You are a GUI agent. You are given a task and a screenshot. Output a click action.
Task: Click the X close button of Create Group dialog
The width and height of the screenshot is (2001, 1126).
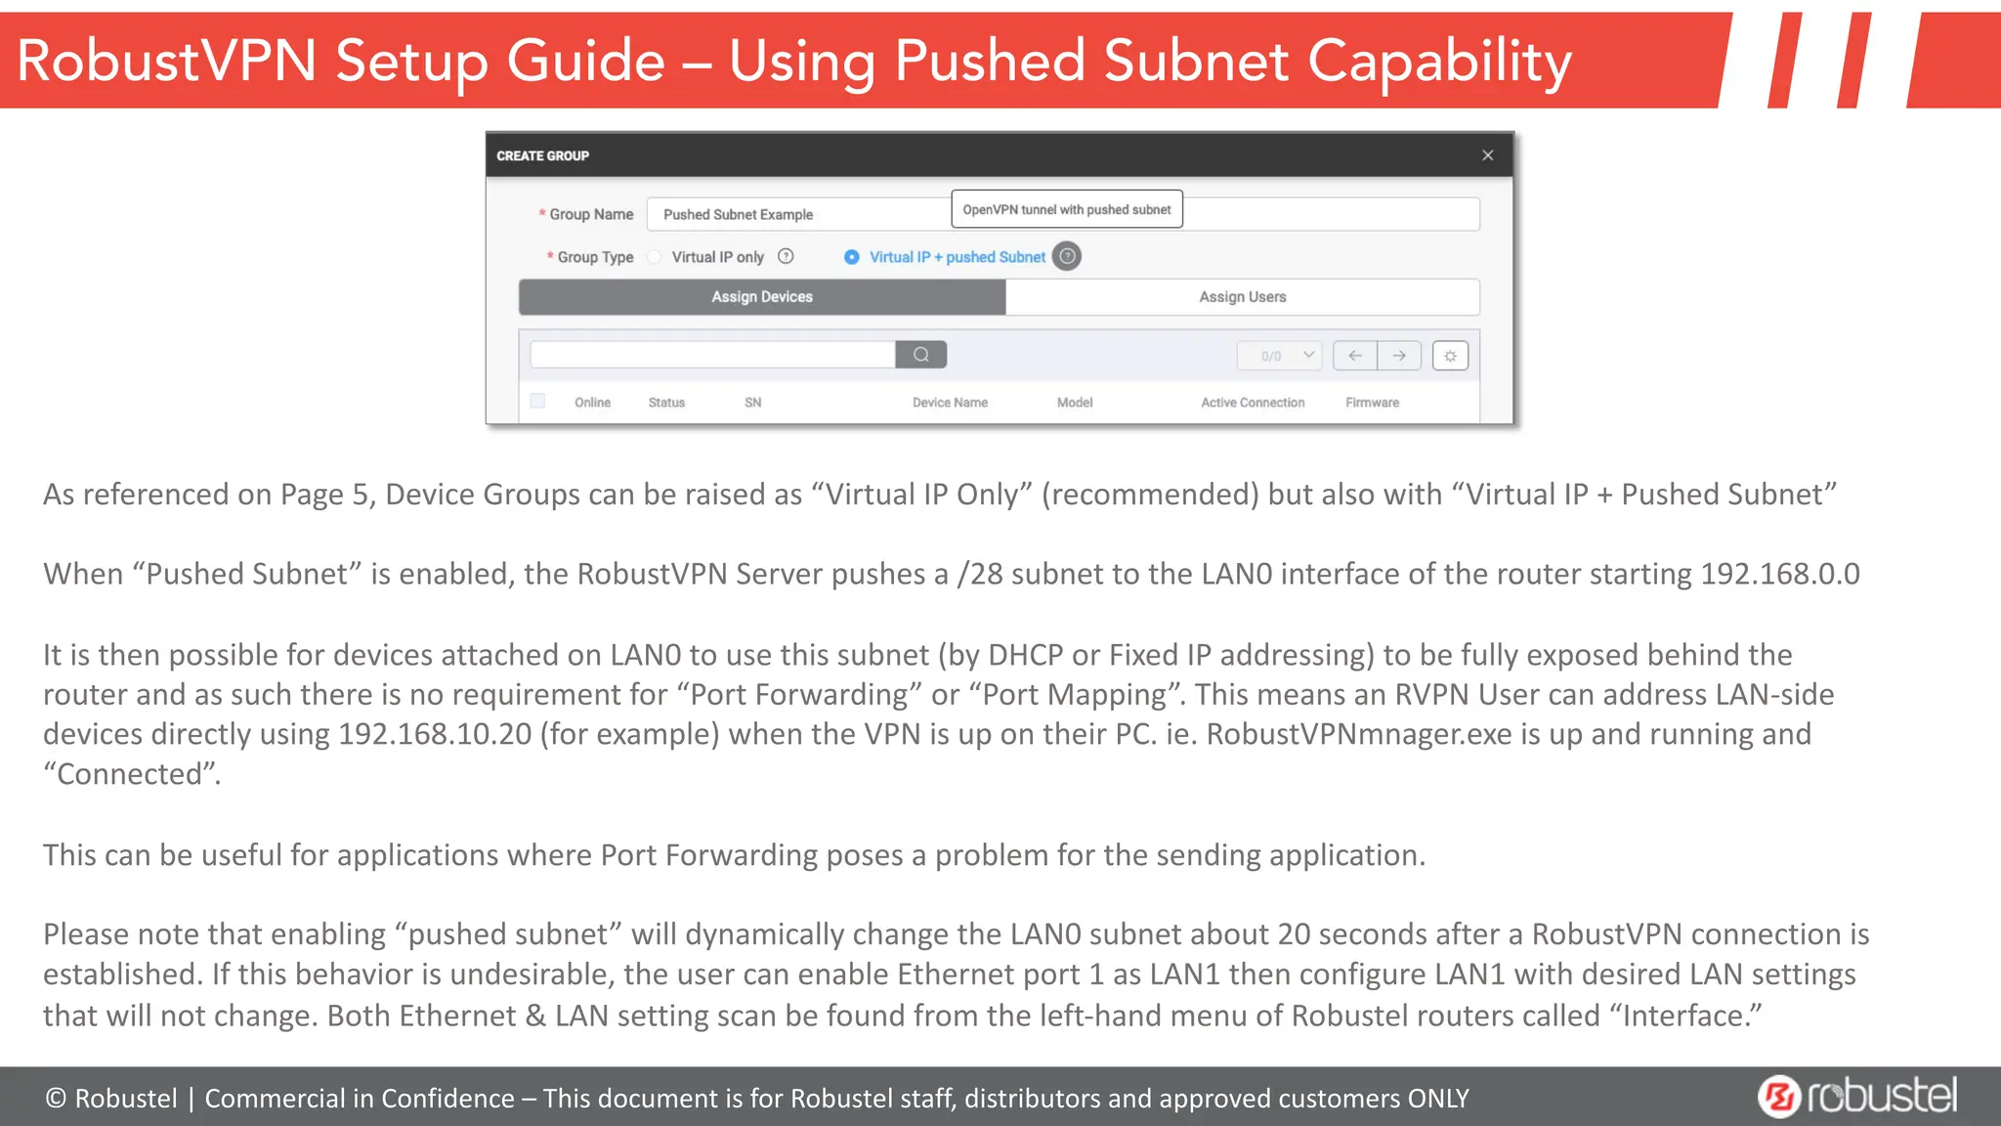click(1487, 155)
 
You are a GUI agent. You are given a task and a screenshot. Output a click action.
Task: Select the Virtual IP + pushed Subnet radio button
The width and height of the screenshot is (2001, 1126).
click(852, 257)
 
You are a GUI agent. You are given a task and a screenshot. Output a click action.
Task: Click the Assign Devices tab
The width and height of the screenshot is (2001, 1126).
click(762, 297)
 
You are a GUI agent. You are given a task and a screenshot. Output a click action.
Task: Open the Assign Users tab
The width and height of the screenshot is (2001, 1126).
click(1242, 297)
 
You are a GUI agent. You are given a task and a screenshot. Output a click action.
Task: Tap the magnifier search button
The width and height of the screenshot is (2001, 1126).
click(920, 355)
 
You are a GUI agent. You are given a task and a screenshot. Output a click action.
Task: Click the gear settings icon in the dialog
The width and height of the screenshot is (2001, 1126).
click(1450, 356)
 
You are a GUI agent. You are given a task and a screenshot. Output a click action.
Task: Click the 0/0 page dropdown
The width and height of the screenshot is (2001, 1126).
click(1279, 356)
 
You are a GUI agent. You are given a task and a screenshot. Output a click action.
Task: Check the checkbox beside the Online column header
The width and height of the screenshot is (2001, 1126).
click(537, 401)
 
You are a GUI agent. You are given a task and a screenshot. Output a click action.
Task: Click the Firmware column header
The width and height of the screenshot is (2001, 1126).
click(1372, 403)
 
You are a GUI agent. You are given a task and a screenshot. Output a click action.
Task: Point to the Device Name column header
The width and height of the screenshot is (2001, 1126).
click(950, 403)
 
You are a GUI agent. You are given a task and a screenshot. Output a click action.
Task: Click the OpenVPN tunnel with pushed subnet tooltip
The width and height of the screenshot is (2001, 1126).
click(1066, 209)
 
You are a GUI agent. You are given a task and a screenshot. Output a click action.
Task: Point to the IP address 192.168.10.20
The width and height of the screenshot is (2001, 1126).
click(435, 734)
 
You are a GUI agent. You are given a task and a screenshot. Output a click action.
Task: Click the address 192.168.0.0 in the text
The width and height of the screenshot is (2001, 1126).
click(1779, 574)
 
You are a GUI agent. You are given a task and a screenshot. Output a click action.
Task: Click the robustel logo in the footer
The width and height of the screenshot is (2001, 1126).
click(1857, 1096)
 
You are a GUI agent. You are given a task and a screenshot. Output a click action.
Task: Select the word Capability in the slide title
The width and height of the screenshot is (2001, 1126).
click(1439, 62)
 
